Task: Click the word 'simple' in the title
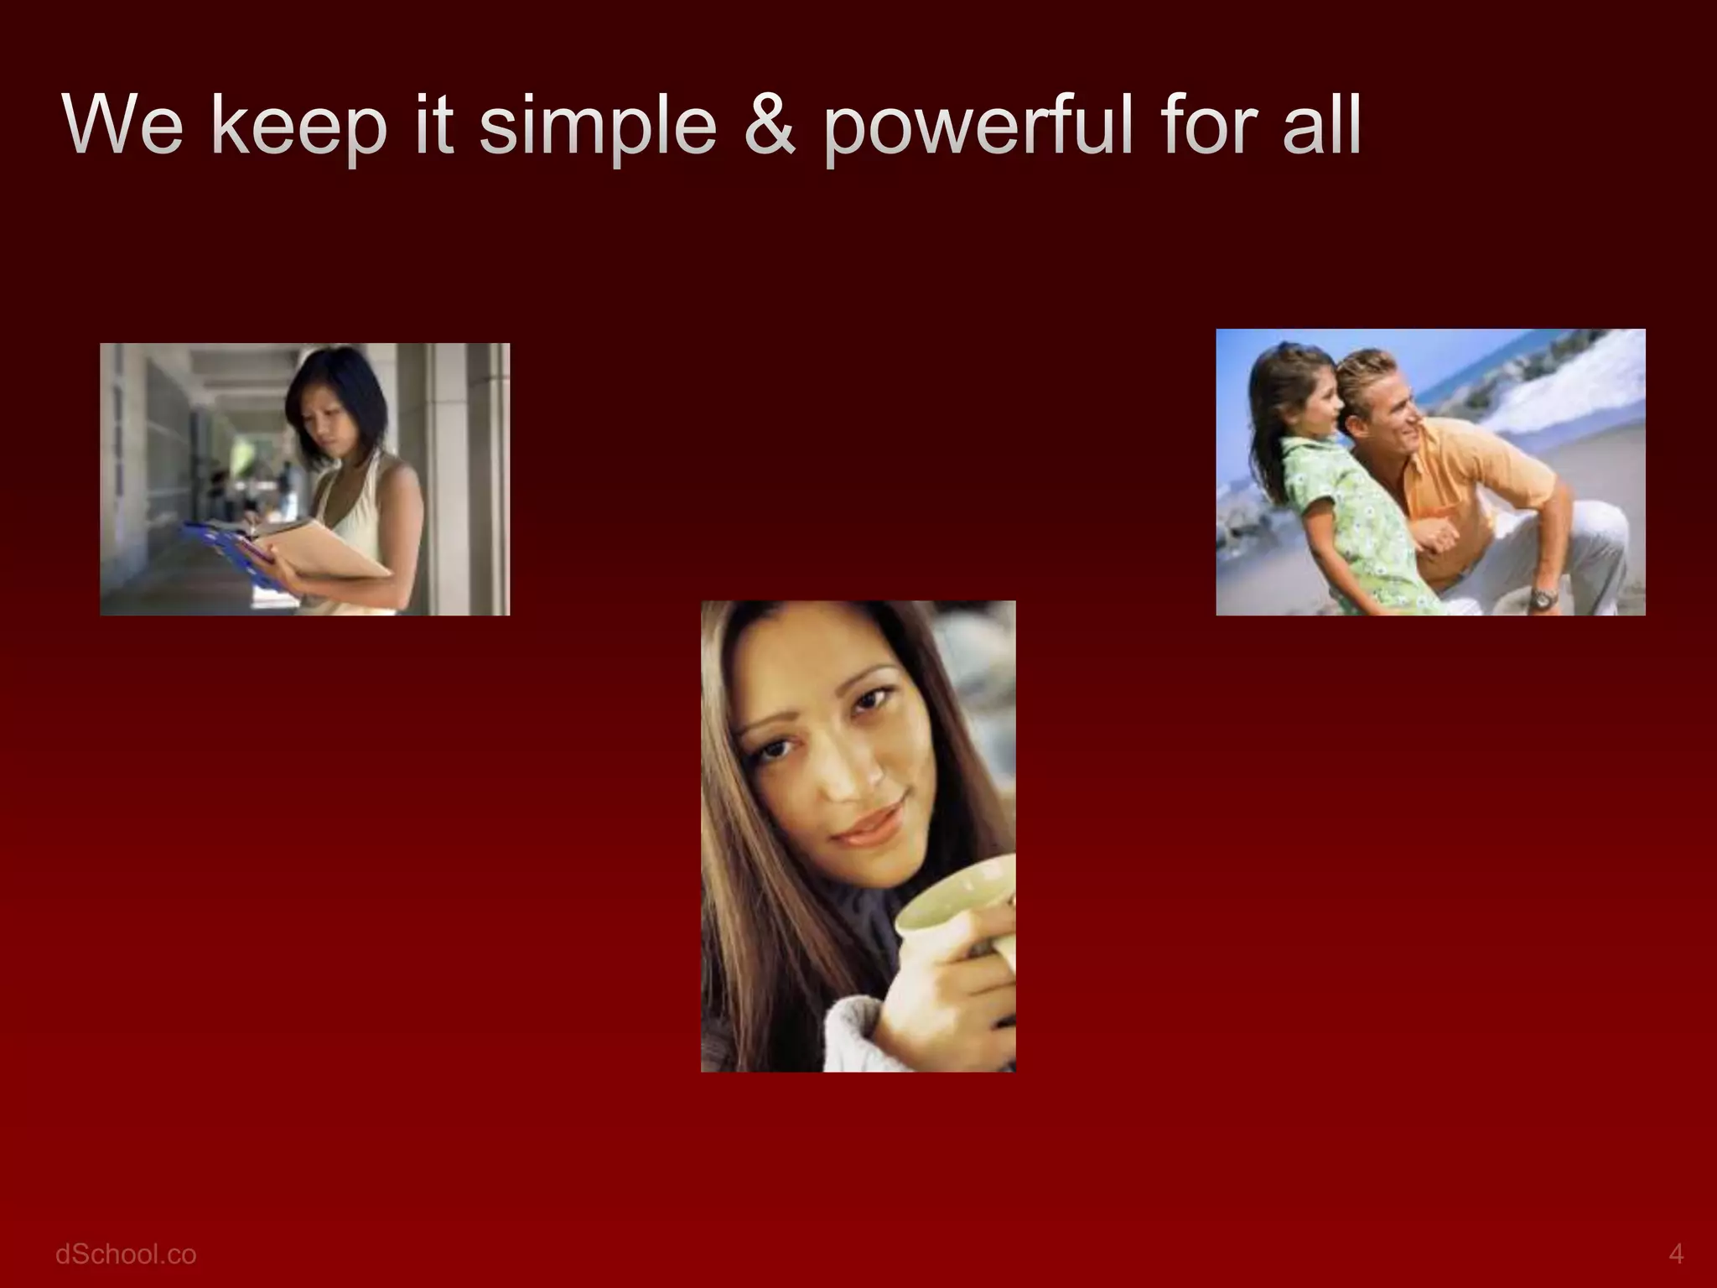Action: tap(599, 127)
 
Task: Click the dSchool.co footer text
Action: tap(126, 1254)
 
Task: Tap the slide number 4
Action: tap(1676, 1254)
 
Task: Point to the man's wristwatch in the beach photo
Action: tap(1542, 599)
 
